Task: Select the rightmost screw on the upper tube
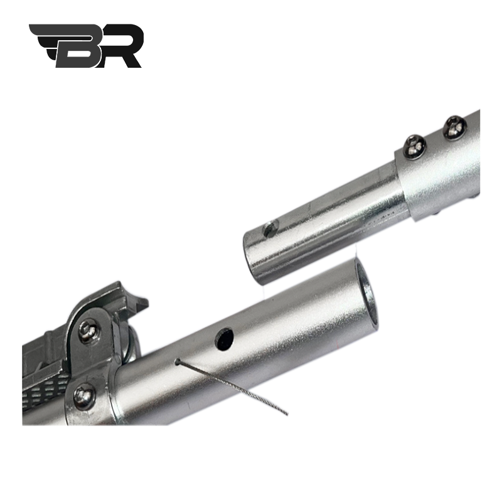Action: [454, 128]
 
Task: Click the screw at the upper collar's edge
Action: [415, 146]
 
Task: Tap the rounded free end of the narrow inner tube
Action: [253, 259]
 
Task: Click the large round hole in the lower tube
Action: [224, 338]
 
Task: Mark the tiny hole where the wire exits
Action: [177, 361]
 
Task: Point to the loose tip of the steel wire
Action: [287, 415]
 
